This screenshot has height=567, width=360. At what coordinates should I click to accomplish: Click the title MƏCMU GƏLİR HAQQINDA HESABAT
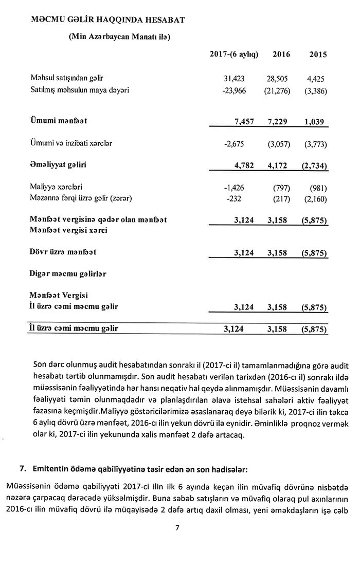[x=108, y=20]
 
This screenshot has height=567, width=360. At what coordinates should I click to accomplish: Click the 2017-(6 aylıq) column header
[x=234, y=54]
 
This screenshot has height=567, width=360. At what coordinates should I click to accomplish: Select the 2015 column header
[x=317, y=54]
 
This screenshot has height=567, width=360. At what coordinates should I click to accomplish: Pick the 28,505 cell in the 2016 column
[x=277, y=79]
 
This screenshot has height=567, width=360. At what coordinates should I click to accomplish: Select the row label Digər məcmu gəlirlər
[x=68, y=274]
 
